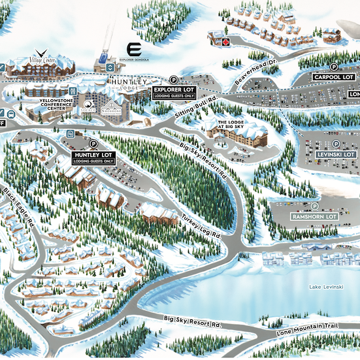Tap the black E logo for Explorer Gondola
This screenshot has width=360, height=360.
click(x=135, y=50)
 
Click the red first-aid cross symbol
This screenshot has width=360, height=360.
click(x=226, y=42)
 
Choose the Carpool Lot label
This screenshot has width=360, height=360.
click(x=334, y=77)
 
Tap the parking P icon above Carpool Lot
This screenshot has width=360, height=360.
click(x=334, y=66)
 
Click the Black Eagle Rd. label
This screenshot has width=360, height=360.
click(x=18, y=209)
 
